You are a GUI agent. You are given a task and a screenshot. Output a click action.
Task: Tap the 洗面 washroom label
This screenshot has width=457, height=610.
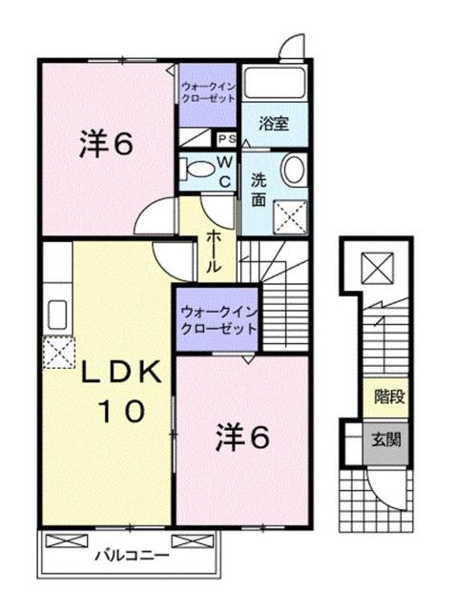tap(259, 188)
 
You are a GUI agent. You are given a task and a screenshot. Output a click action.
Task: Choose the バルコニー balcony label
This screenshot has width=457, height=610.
tap(133, 554)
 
